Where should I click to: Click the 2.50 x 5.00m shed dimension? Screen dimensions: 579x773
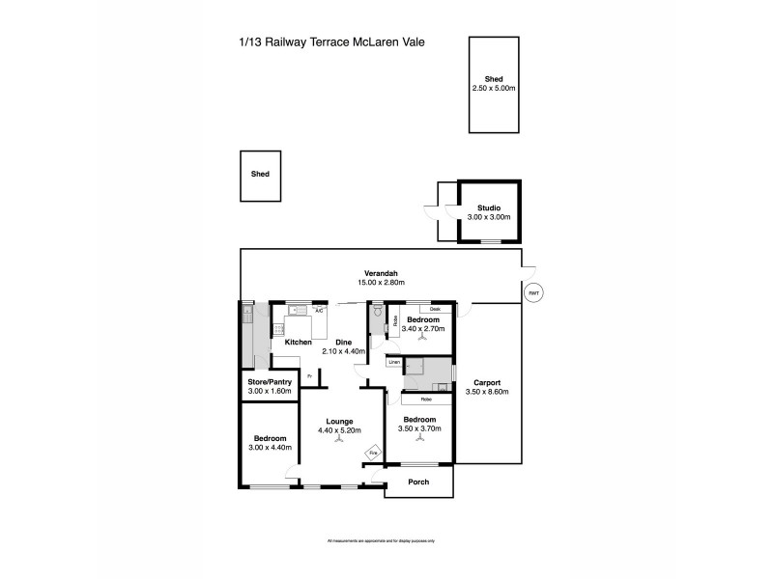click(x=493, y=88)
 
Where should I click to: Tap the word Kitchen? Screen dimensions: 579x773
click(x=298, y=343)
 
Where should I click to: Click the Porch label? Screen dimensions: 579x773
click(x=419, y=482)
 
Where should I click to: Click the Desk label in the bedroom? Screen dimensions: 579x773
click(x=437, y=310)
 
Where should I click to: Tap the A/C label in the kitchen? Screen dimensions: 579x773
click(x=318, y=310)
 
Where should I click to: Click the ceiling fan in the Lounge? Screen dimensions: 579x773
click(x=338, y=440)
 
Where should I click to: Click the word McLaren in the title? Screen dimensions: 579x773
click(x=364, y=42)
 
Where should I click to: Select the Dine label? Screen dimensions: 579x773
click(x=343, y=343)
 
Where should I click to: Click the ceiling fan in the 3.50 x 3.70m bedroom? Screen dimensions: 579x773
click(x=419, y=440)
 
